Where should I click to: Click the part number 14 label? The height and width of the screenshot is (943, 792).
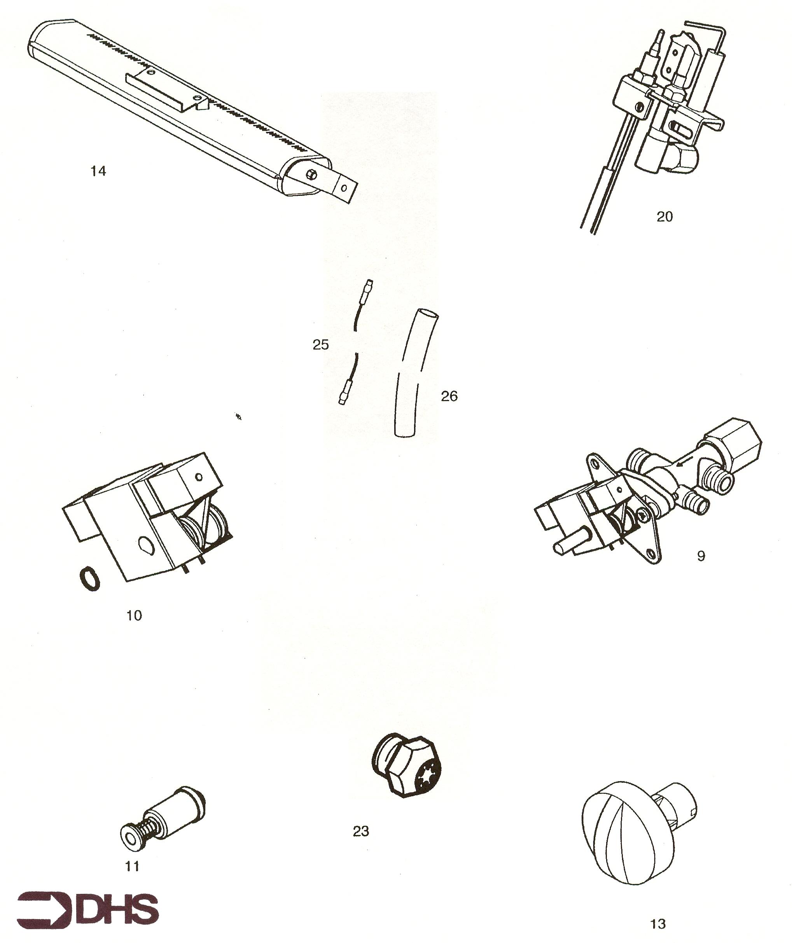click(x=98, y=171)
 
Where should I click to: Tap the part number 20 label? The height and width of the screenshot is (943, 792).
click(x=665, y=217)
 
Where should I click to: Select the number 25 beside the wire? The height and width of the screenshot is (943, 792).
click(x=321, y=345)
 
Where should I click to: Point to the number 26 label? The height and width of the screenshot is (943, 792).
click(x=449, y=396)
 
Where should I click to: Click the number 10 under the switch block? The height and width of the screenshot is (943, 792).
click(x=134, y=616)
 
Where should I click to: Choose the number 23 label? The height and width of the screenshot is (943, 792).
click(x=361, y=832)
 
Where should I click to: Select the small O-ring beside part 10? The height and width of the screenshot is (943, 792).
click(x=90, y=579)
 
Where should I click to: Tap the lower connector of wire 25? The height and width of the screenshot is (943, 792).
click(x=346, y=391)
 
